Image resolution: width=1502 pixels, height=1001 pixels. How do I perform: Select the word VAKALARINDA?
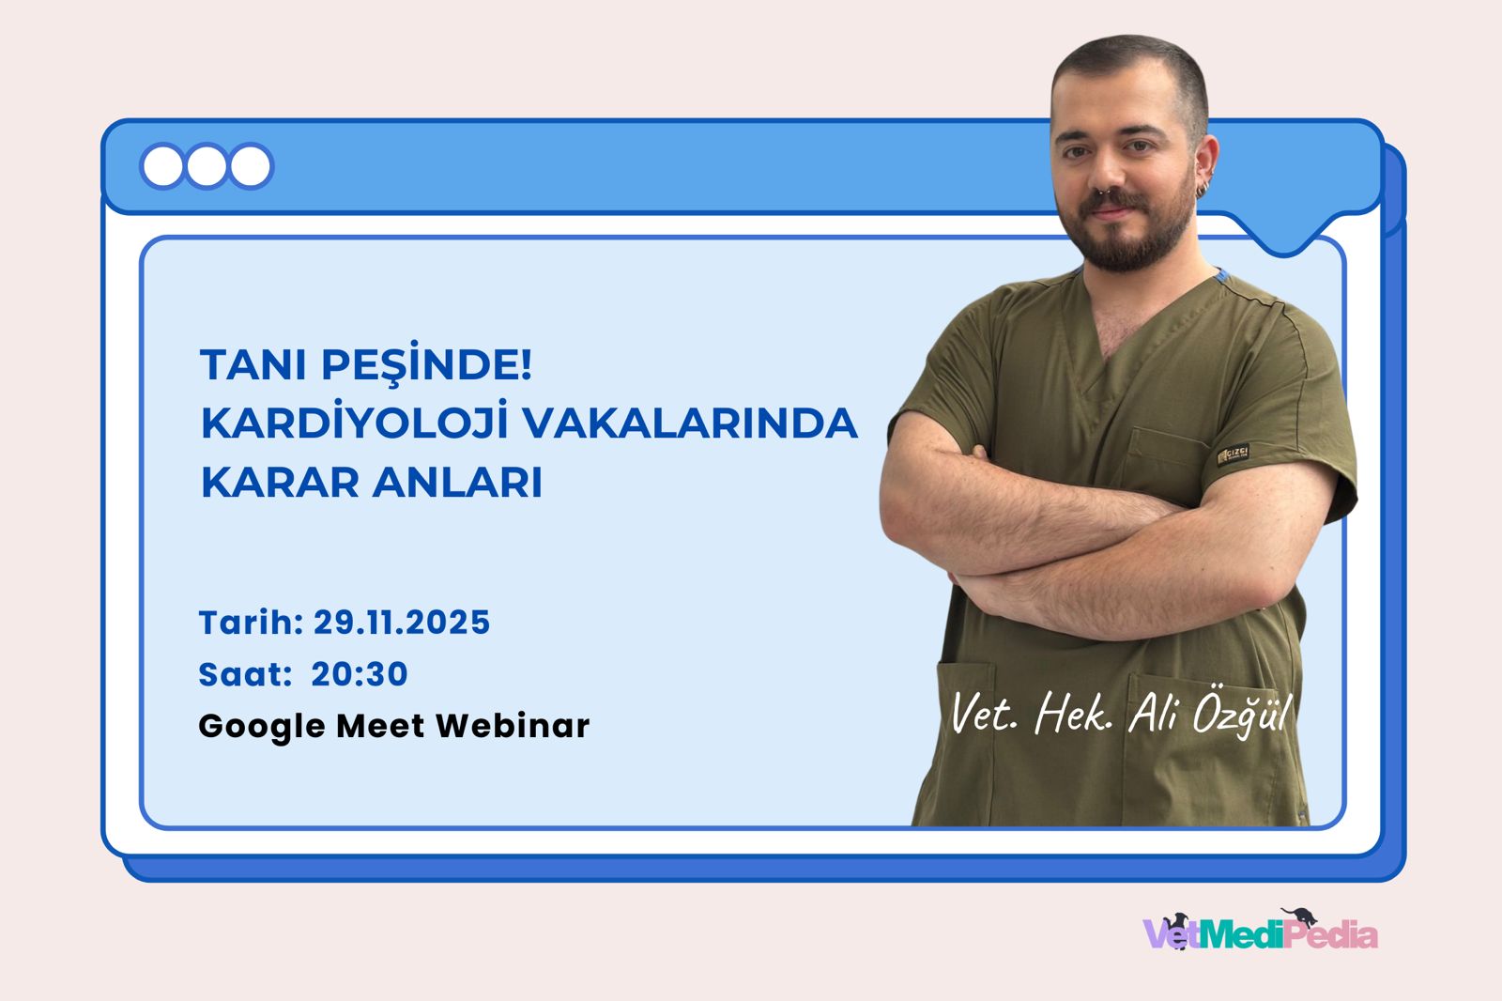click(x=690, y=423)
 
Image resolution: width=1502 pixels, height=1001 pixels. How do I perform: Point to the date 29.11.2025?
click(x=402, y=623)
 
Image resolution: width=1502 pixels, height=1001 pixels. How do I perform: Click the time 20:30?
click(x=360, y=674)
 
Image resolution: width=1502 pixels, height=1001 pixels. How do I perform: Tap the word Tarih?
click(x=250, y=623)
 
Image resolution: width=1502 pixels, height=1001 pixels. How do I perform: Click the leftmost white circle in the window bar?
click(x=163, y=167)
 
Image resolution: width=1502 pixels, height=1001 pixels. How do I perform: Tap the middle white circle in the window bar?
click(x=207, y=167)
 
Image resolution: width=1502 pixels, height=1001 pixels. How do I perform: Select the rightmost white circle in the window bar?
click(x=250, y=167)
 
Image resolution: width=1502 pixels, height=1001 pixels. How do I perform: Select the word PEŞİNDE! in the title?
click(x=427, y=365)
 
